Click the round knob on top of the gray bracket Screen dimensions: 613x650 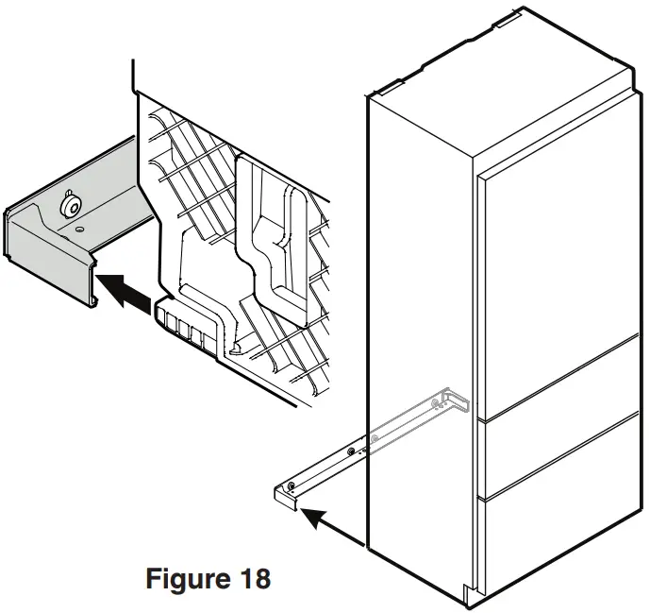pos(68,205)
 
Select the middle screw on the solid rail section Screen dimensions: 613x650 pos(352,452)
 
